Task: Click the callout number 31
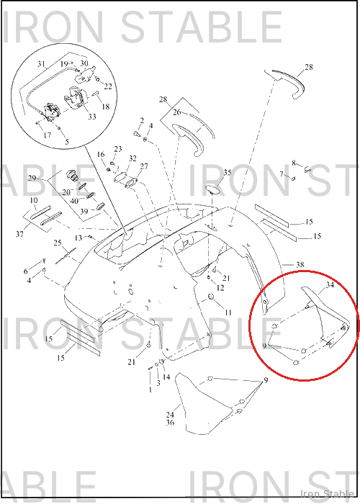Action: pyautogui.click(x=41, y=64)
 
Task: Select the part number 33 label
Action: pyautogui.click(x=92, y=117)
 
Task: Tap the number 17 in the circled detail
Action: pyautogui.click(x=48, y=135)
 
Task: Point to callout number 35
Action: pyautogui.click(x=228, y=173)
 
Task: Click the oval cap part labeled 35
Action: pyautogui.click(x=212, y=189)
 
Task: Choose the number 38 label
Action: pyautogui.click(x=300, y=264)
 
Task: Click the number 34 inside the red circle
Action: pyautogui.click(x=330, y=285)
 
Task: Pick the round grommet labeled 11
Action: pyautogui.click(x=211, y=297)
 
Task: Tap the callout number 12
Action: pyautogui.click(x=220, y=288)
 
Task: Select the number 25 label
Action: pyautogui.click(x=58, y=243)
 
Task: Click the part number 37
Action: pyautogui.click(x=19, y=234)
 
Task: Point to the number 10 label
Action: pyautogui.click(x=34, y=200)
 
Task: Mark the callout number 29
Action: pyautogui.click(x=32, y=178)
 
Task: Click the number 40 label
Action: pyautogui.click(x=74, y=201)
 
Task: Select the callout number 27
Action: pyautogui.click(x=144, y=166)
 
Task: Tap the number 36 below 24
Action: pyautogui.click(x=170, y=422)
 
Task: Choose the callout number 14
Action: pyautogui.click(x=166, y=377)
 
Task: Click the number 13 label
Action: pyautogui.click(x=78, y=238)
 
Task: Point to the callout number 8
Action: pyautogui.click(x=294, y=163)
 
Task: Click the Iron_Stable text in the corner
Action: pyautogui.click(x=327, y=493)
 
